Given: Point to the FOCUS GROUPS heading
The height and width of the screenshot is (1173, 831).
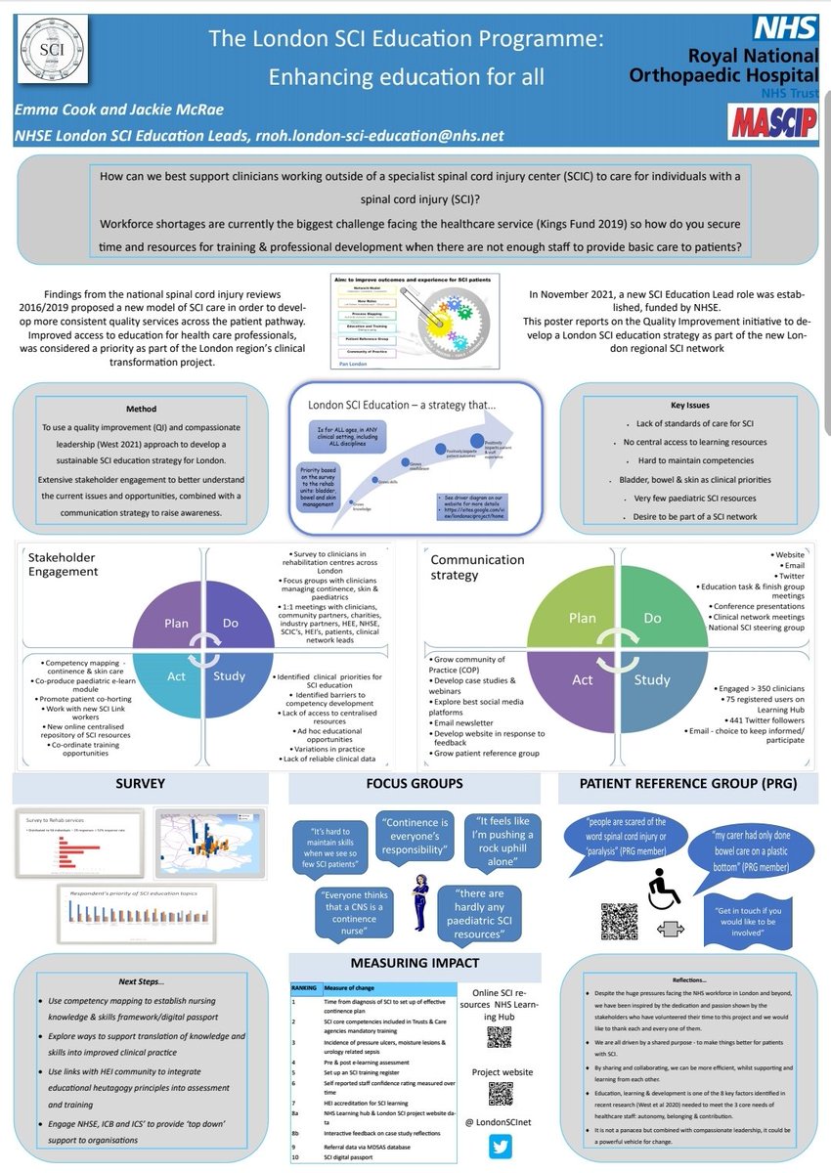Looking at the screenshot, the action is click(x=415, y=783).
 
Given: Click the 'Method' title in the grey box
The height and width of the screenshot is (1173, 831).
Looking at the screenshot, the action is click(x=140, y=410).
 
